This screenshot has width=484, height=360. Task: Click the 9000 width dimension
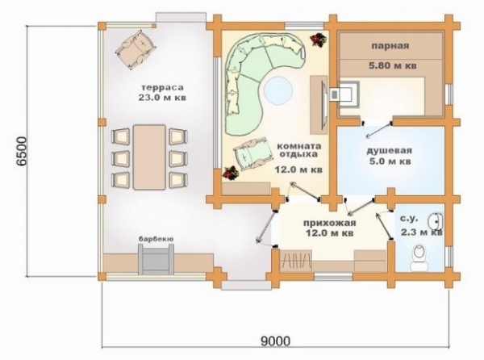(x=275, y=341)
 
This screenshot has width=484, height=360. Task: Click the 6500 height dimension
(x=23, y=151)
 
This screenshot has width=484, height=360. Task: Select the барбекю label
(x=156, y=239)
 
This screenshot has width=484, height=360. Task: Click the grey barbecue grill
(x=156, y=259)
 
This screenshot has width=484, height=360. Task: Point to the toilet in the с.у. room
(x=419, y=257)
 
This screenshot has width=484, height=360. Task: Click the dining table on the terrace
(x=149, y=157)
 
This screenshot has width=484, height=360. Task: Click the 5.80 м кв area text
(x=393, y=65)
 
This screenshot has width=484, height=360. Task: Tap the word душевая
(x=389, y=151)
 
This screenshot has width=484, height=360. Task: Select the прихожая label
(x=329, y=223)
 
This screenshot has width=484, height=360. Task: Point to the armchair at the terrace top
(x=136, y=48)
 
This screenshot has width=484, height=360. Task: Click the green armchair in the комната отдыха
(x=252, y=153)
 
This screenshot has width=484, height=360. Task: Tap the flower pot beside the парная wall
(x=319, y=40)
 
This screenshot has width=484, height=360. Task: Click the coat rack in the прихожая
(x=296, y=260)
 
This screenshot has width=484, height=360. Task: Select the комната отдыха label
(x=298, y=150)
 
